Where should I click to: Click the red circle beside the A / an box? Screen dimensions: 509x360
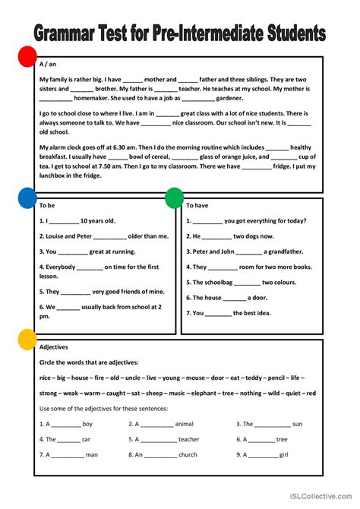tap(27, 58)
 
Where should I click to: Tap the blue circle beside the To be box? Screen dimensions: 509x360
tap(27, 199)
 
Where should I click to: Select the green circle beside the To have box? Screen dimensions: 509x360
tap(175, 198)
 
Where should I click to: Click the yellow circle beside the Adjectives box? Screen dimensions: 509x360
tap(27, 340)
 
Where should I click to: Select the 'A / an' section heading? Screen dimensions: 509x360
tap(47, 66)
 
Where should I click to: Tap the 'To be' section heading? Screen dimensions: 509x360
tap(47, 205)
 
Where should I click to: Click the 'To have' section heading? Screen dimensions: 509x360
tap(197, 205)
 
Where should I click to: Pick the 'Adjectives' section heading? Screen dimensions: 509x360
tap(54, 346)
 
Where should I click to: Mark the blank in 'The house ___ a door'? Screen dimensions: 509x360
tap(235, 298)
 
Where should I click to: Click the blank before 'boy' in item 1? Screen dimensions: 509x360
tap(66, 424)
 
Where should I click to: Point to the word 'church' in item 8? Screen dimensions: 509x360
tap(188, 454)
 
